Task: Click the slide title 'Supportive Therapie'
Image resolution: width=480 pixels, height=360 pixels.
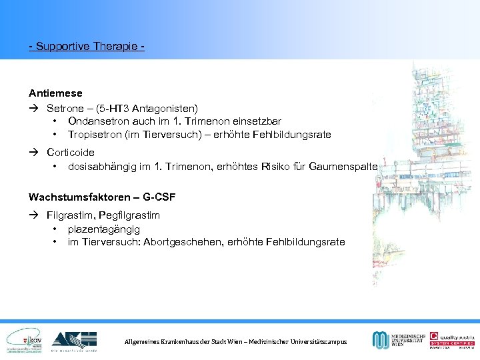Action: click(x=87, y=47)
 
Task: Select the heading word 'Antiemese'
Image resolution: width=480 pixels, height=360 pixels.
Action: click(x=55, y=93)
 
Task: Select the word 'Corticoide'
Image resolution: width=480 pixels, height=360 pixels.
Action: click(x=71, y=152)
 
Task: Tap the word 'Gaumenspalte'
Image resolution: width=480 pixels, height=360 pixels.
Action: click(x=343, y=166)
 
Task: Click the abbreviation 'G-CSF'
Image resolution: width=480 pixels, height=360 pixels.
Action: click(x=164, y=197)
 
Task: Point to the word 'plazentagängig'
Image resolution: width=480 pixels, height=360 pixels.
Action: click(x=103, y=229)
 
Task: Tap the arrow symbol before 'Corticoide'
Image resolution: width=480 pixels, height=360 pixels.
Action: click(x=34, y=152)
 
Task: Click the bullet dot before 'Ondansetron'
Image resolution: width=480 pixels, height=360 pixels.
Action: click(x=53, y=121)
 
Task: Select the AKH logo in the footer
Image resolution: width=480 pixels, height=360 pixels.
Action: click(x=74, y=339)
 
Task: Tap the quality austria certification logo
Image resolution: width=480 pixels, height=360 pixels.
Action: click(x=452, y=339)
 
